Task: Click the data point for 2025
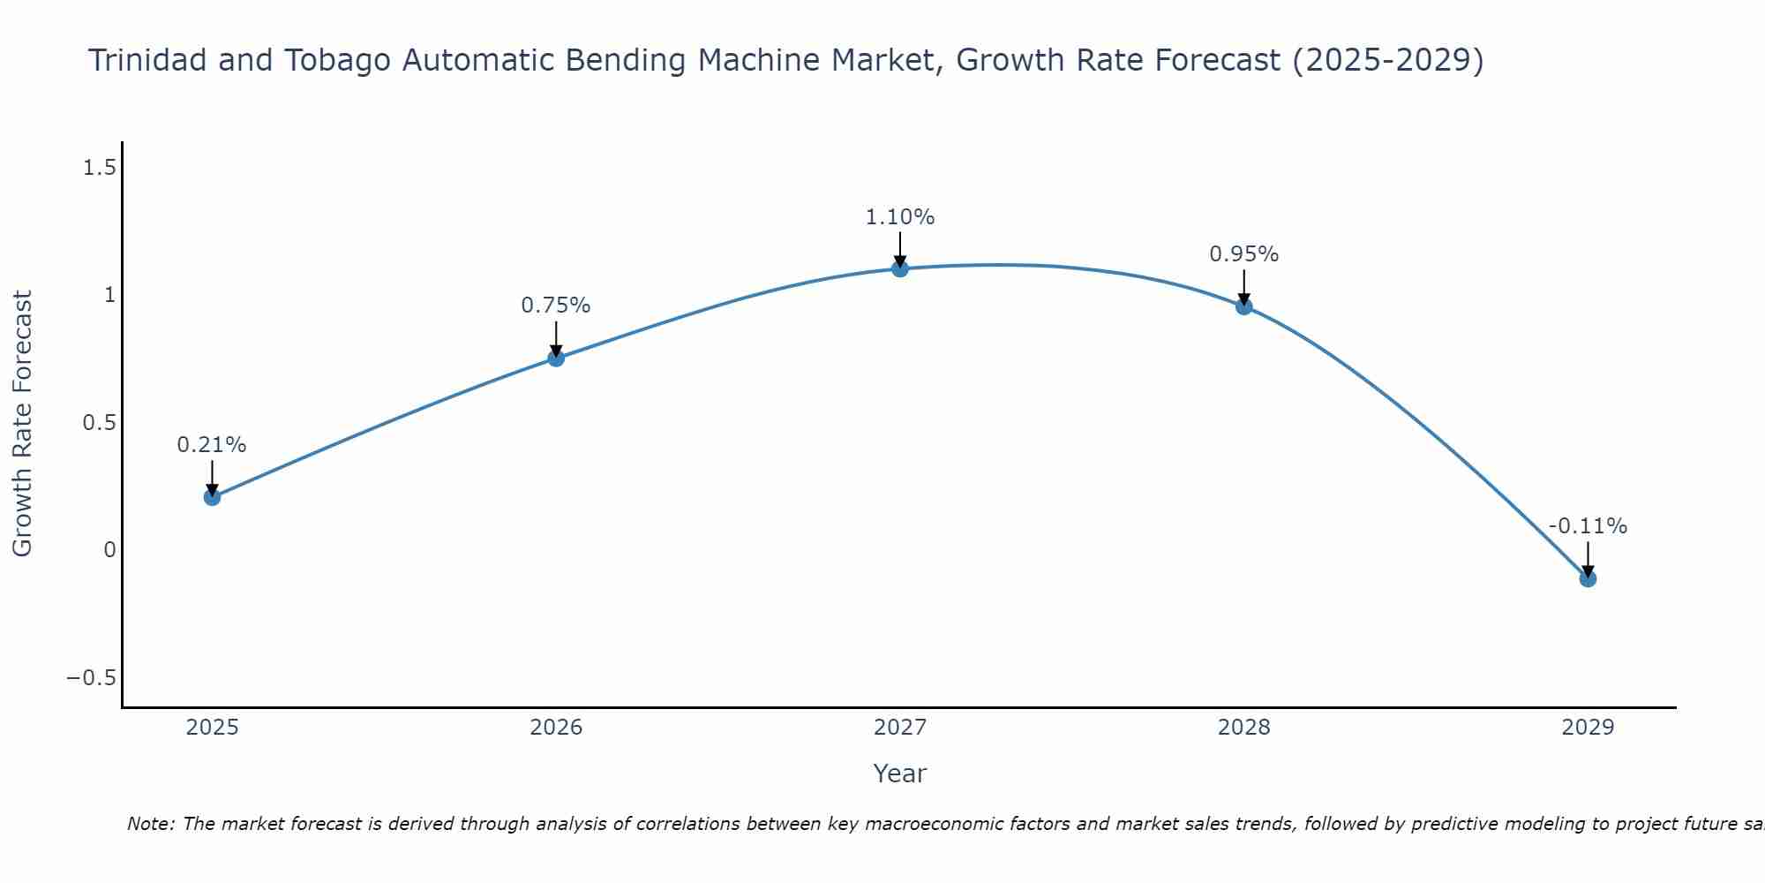coord(212,497)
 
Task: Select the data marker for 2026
coord(556,358)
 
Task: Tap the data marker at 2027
coord(900,268)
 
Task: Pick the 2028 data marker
coord(1244,306)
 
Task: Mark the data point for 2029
coord(1588,578)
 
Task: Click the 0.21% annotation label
coord(212,445)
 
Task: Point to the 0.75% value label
coord(556,306)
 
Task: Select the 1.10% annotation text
coord(900,217)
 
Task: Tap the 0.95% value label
coord(1244,254)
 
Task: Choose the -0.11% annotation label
coord(1588,526)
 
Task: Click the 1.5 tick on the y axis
coord(100,168)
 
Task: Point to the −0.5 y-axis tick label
coord(92,678)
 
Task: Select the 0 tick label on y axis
coord(109,550)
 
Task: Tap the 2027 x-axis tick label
coord(900,728)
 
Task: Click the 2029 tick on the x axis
coord(1588,728)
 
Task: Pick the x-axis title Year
coord(900,774)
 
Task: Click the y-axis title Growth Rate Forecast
coord(23,424)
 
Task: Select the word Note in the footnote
coord(151,825)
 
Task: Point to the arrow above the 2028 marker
coord(1244,287)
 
